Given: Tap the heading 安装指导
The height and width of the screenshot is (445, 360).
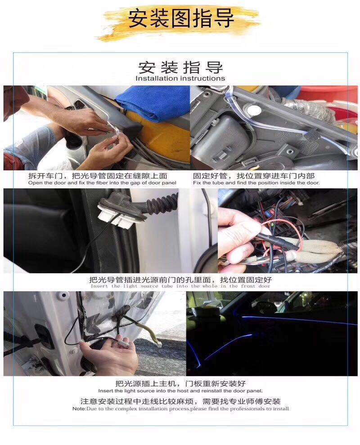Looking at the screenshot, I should [180, 68].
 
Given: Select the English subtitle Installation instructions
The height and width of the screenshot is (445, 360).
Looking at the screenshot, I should [180, 78].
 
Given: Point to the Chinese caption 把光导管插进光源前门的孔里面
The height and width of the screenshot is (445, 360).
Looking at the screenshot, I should [180, 280].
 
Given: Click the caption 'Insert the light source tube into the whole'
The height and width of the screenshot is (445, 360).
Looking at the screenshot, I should [180, 286].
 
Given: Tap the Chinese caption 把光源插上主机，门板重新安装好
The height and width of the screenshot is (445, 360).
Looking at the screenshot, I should [180, 384].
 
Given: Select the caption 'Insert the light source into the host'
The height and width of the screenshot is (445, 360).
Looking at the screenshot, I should [180, 391].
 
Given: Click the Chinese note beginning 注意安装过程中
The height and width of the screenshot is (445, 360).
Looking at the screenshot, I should [180, 401].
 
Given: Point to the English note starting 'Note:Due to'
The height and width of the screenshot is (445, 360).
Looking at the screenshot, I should [180, 409].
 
